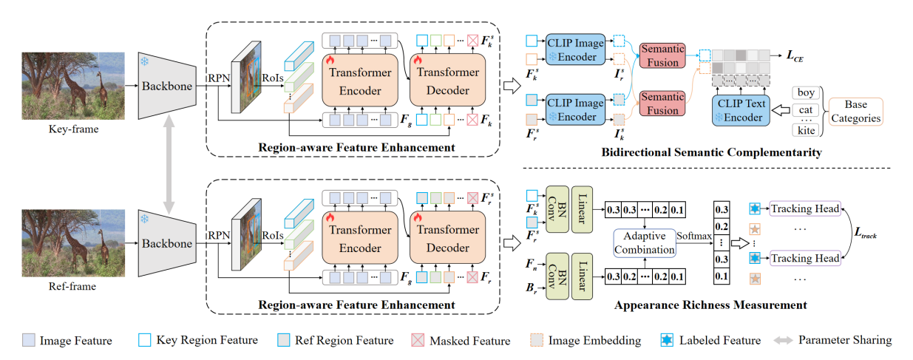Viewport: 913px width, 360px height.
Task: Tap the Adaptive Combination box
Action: [645, 242]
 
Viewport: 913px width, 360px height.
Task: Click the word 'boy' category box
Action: [807, 93]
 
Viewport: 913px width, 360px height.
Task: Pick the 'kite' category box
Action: [807, 131]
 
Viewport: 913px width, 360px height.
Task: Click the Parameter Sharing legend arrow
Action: [785, 340]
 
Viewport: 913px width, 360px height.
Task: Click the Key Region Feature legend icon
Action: [145, 340]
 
